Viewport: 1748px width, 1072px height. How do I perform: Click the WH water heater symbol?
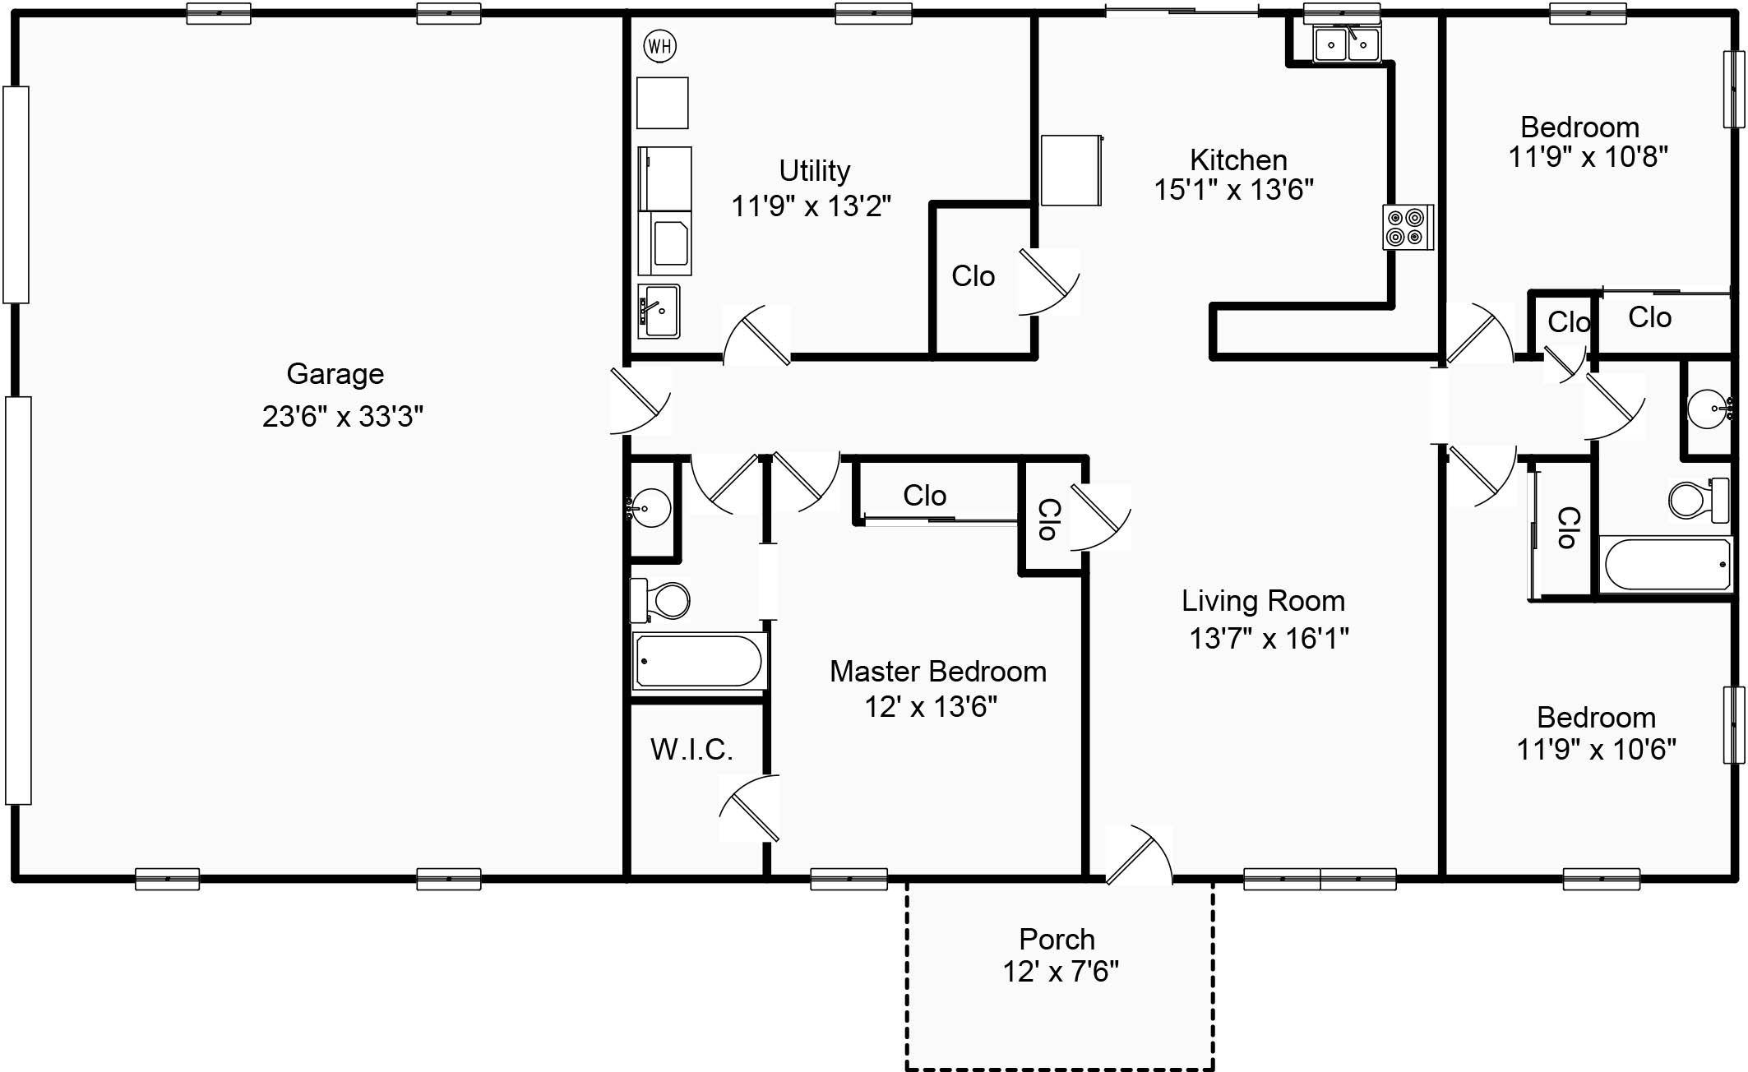coord(659,46)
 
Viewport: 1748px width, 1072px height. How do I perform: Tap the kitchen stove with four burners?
coord(1407,228)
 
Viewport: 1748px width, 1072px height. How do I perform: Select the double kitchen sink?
coord(1346,44)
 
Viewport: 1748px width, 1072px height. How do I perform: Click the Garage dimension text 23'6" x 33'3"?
coord(342,417)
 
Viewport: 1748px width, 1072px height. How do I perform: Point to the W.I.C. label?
coord(691,749)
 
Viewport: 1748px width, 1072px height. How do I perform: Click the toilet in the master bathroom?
coord(662,601)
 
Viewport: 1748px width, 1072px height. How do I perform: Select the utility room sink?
coord(659,311)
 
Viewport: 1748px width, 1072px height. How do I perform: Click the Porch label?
coord(1057,939)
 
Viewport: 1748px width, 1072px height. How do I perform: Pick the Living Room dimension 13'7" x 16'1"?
coord(1269,638)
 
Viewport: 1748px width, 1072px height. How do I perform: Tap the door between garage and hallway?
coord(640,400)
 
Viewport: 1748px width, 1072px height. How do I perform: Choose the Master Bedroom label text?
coord(937,672)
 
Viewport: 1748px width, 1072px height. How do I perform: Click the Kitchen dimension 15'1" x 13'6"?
coord(1233,190)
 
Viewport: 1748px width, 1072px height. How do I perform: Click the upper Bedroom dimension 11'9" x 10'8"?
coord(1587,156)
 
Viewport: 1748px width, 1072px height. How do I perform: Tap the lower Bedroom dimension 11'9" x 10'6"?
coord(1595,749)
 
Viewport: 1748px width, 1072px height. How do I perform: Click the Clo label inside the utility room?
coord(973,276)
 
